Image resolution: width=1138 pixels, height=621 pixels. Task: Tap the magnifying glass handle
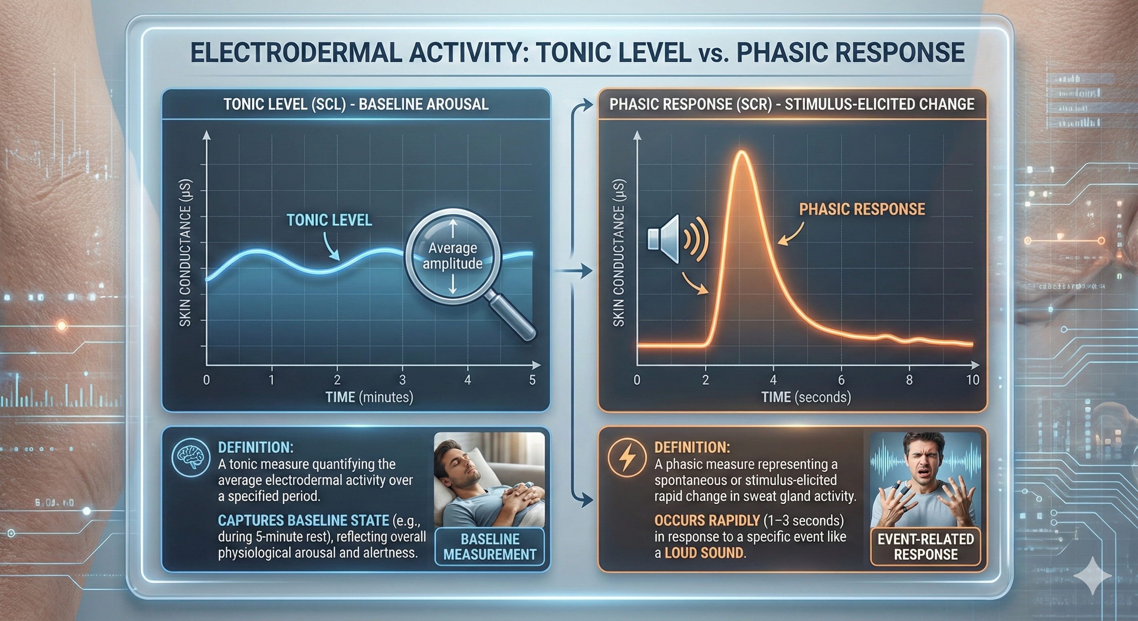pos(512,319)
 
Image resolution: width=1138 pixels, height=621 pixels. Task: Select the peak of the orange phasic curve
pos(742,152)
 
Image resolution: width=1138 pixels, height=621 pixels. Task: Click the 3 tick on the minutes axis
pos(403,380)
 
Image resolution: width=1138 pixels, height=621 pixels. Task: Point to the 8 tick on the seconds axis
pos(909,380)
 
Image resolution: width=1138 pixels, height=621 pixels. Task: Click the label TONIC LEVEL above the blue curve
pos(329,220)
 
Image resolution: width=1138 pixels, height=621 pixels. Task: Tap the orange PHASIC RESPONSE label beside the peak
pos(862,209)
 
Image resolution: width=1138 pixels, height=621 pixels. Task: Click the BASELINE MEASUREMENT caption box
pos(489,547)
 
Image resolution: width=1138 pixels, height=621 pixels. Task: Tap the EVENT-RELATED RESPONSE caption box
pos(925,547)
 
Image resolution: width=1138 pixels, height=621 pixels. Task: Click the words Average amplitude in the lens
pos(452,256)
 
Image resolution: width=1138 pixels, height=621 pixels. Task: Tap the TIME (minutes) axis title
pos(369,397)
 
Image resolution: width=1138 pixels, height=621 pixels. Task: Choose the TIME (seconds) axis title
pos(806,397)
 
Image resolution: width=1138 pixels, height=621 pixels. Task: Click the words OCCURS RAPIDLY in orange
pos(707,521)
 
